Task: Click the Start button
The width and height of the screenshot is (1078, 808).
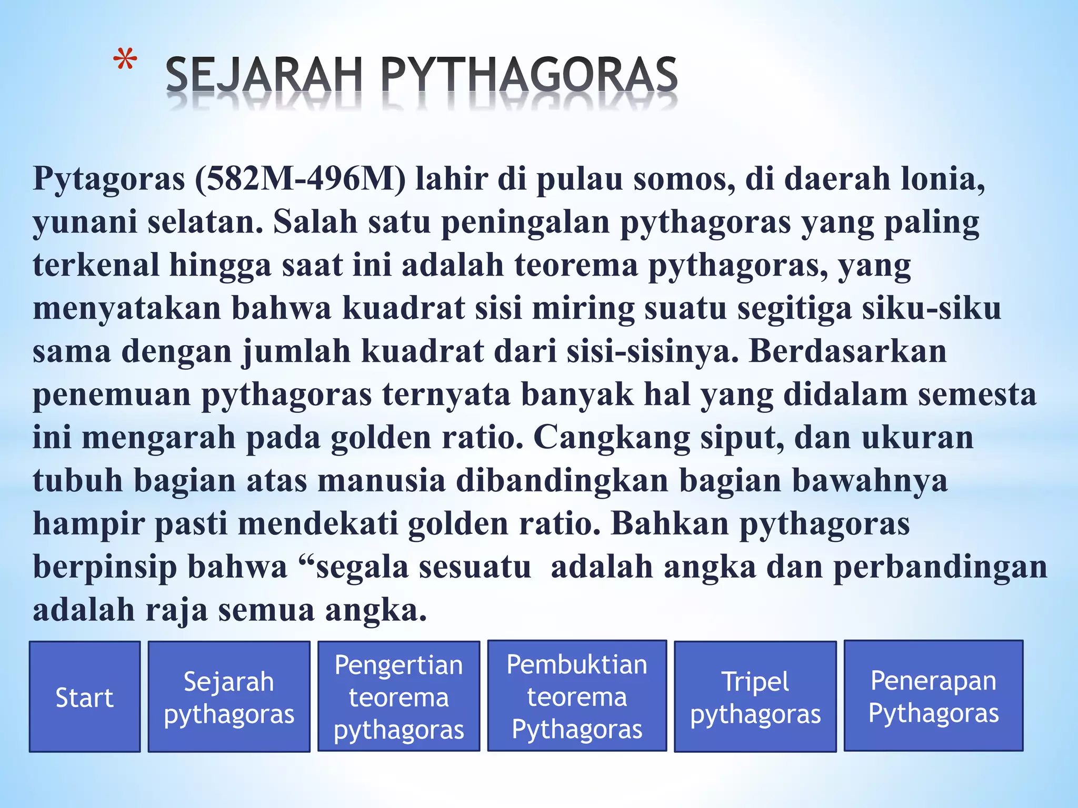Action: point(84,697)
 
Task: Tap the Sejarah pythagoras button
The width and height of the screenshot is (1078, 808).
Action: point(228,697)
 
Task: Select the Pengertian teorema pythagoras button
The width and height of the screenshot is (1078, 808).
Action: point(398,697)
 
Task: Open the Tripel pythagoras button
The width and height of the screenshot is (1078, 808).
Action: point(755,697)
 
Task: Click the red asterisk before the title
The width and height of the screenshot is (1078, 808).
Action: point(125,61)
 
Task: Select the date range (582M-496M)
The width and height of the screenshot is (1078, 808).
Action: point(301,179)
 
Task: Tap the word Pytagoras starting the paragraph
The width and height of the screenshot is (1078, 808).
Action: point(109,179)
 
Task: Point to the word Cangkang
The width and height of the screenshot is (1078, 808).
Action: point(611,438)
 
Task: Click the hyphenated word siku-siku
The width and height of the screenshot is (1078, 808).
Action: point(931,308)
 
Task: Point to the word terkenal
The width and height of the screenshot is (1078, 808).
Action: point(96,265)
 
